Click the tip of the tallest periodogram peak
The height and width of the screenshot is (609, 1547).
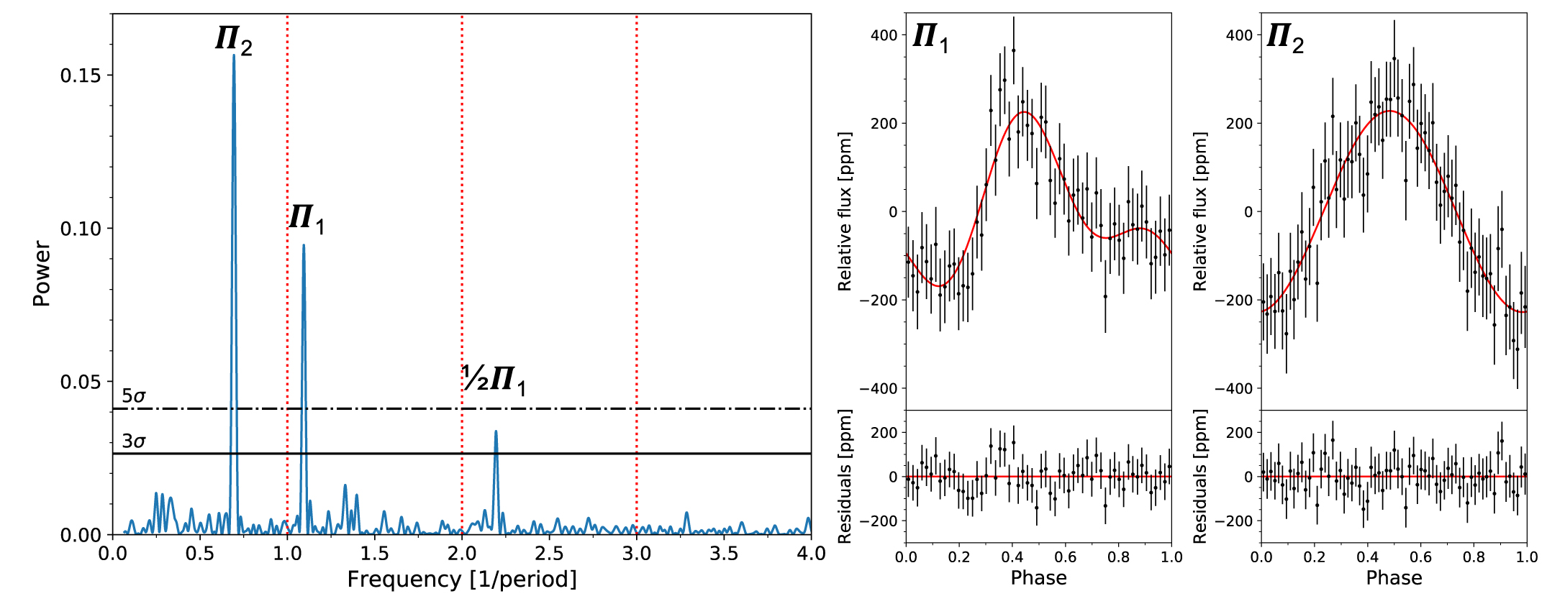pos(234,55)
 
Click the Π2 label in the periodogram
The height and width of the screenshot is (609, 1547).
pos(234,39)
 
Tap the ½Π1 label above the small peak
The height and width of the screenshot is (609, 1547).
pos(494,379)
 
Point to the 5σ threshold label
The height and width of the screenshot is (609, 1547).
pos(134,395)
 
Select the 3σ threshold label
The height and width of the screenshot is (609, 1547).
pos(134,441)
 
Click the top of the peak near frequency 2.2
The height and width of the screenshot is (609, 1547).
pos(496,431)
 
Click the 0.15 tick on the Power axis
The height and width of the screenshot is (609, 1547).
pos(80,75)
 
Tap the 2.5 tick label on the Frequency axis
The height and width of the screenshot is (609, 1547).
pos(549,554)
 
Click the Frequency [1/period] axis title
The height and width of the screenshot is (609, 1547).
pos(462,580)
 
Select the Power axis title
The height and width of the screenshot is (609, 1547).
pos(42,274)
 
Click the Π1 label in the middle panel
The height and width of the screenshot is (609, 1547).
pos(930,37)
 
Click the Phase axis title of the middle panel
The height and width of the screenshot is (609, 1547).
pos(1038,578)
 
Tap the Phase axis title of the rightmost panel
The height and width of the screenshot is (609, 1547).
pos(1394,578)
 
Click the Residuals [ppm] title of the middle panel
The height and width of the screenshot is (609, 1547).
pos(845,476)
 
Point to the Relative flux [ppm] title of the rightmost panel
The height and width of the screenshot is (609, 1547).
pos(1199,211)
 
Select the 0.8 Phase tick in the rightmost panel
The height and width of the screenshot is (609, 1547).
pos(1474,557)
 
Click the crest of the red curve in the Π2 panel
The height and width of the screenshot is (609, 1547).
pos(1392,111)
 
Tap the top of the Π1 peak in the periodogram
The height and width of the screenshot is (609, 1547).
pos(304,245)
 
